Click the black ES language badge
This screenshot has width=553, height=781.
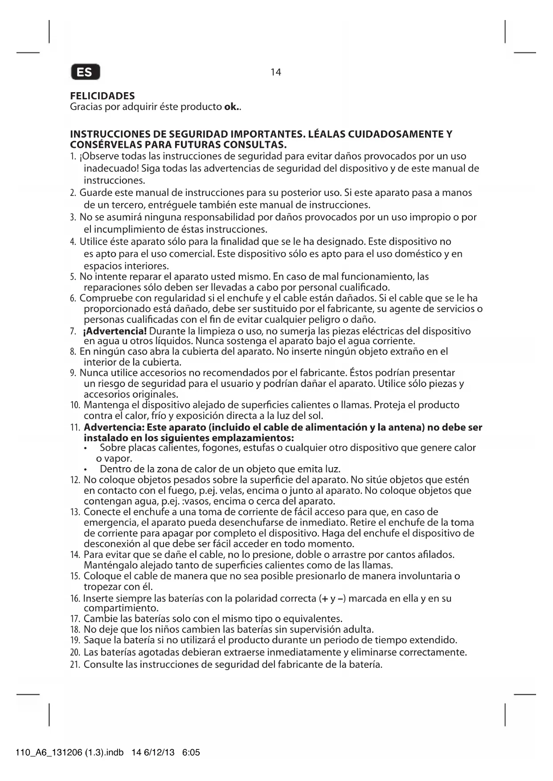(x=85, y=72)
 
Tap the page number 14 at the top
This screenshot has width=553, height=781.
(x=276, y=72)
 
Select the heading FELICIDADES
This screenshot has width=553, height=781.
(x=102, y=96)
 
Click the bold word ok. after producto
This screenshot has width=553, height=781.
(x=232, y=107)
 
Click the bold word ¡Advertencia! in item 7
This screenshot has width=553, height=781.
(x=115, y=331)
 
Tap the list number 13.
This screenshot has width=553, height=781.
(x=75, y=512)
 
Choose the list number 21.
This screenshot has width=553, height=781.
(x=75, y=665)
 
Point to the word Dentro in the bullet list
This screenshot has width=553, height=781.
(x=114, y=469)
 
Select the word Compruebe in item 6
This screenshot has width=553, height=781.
(x=103, y=298)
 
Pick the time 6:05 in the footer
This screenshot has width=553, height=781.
(x=192, y=753)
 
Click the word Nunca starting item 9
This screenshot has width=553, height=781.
(x=94, y=373)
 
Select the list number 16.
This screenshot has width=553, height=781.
(x=75, y=598)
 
